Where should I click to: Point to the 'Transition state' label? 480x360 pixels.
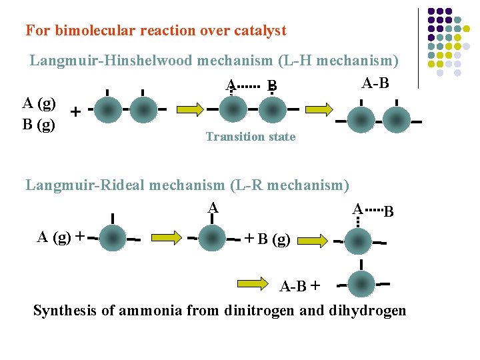[x=251, y=137]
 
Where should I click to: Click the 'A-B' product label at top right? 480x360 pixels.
[x=375, y=83]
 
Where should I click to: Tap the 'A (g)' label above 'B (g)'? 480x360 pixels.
[x=39, y=103]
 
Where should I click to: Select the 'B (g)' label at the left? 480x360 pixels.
[x=39, y=124]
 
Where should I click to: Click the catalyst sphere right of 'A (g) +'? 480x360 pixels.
[x=113, y=237]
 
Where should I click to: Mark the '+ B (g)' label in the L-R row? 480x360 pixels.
[x=267, y=238]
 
